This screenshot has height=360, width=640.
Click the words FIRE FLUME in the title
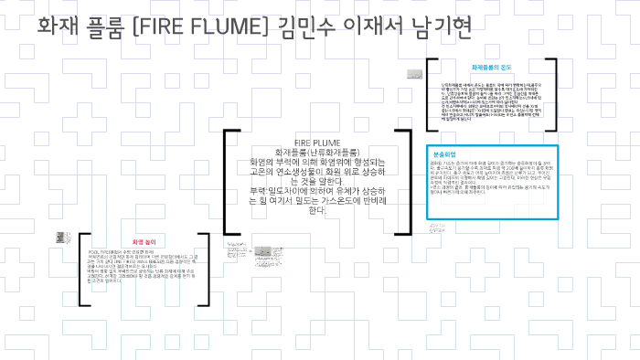(x=194, y=27)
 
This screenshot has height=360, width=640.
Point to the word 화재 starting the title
(x=59, y=27)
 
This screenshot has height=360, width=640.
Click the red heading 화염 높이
(x=144, y=242)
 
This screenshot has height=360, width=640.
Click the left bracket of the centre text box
(x=226, y=183)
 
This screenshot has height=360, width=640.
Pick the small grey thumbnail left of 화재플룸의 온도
(x=416, y=72)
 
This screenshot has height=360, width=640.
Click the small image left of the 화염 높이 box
(x=62, y=239)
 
